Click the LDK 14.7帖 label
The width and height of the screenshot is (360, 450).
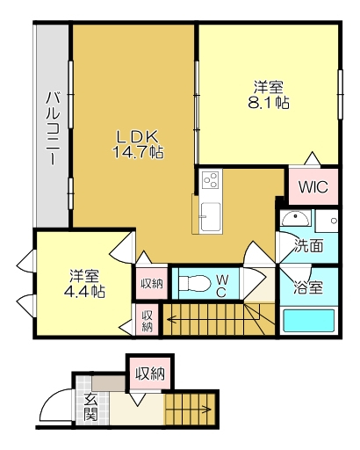(139, 144)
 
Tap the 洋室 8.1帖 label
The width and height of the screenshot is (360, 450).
(269, 95)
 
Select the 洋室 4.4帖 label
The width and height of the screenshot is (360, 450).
(84, 283)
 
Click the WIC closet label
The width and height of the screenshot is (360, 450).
(313, 186)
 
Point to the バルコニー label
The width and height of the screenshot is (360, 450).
(54, 128)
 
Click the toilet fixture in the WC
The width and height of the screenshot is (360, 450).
(195, 283)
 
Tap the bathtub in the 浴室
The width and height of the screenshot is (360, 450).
(309, 320)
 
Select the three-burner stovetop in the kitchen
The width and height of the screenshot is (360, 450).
(211, 180)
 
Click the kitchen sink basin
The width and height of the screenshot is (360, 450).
(211, 216)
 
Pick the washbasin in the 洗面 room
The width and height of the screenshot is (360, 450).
(296, 218)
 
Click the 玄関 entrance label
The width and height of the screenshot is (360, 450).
(91, 407)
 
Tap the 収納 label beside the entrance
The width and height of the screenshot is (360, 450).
(150, 374)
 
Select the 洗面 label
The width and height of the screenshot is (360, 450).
(309, 246)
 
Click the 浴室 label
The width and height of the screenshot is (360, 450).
(309, 288)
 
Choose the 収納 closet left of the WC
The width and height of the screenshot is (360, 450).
(152, 284)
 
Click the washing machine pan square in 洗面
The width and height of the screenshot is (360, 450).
(328, 221)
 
